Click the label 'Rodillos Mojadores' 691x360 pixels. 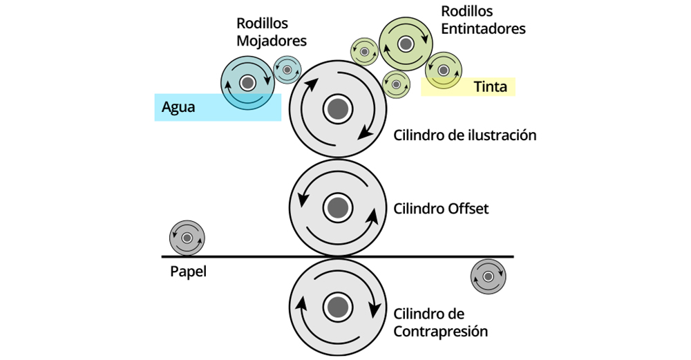pos(271,32)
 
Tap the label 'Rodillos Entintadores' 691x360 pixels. pos(482,20)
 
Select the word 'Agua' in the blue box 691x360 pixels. pos(178,107)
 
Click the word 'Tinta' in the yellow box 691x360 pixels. pos(491,87)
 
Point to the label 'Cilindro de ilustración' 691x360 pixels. pos(464,135)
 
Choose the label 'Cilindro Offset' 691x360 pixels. pos(441,208)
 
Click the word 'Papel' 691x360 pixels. pos(188,272)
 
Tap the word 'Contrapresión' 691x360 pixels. pos(440,332)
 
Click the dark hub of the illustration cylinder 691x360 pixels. pos(337,108)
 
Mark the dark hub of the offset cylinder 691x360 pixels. pos(337,207)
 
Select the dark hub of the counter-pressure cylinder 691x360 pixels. pos(337,306)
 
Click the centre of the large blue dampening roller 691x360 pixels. pos(246,83)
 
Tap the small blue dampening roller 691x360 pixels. pos(287,70)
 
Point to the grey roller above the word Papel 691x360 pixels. pos(187,238)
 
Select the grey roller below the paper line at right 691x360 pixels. pos(489,277)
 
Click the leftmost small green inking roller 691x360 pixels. pos(364,51)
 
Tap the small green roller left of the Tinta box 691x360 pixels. pos(396,84)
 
